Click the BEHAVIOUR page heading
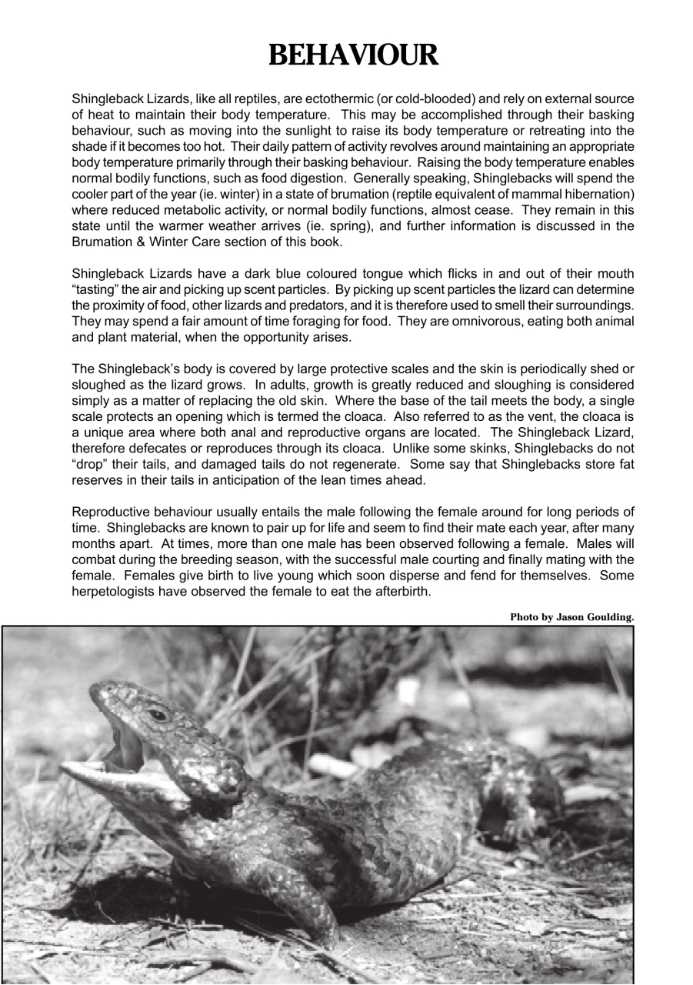[x=354, y=55]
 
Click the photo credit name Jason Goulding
[x=596, y=617]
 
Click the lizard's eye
[x=159, y=714]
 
